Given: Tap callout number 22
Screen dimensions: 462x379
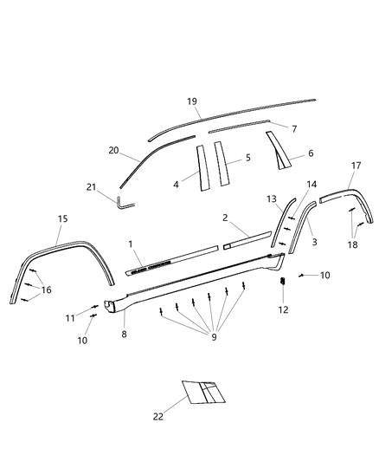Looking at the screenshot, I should point(159,416).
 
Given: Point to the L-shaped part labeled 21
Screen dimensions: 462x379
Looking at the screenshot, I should point(124,204).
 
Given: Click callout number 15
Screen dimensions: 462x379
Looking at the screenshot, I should point(62,219).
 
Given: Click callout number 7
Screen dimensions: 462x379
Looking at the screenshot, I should point(293,129).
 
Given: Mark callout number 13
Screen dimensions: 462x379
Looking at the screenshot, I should point(271,198).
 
